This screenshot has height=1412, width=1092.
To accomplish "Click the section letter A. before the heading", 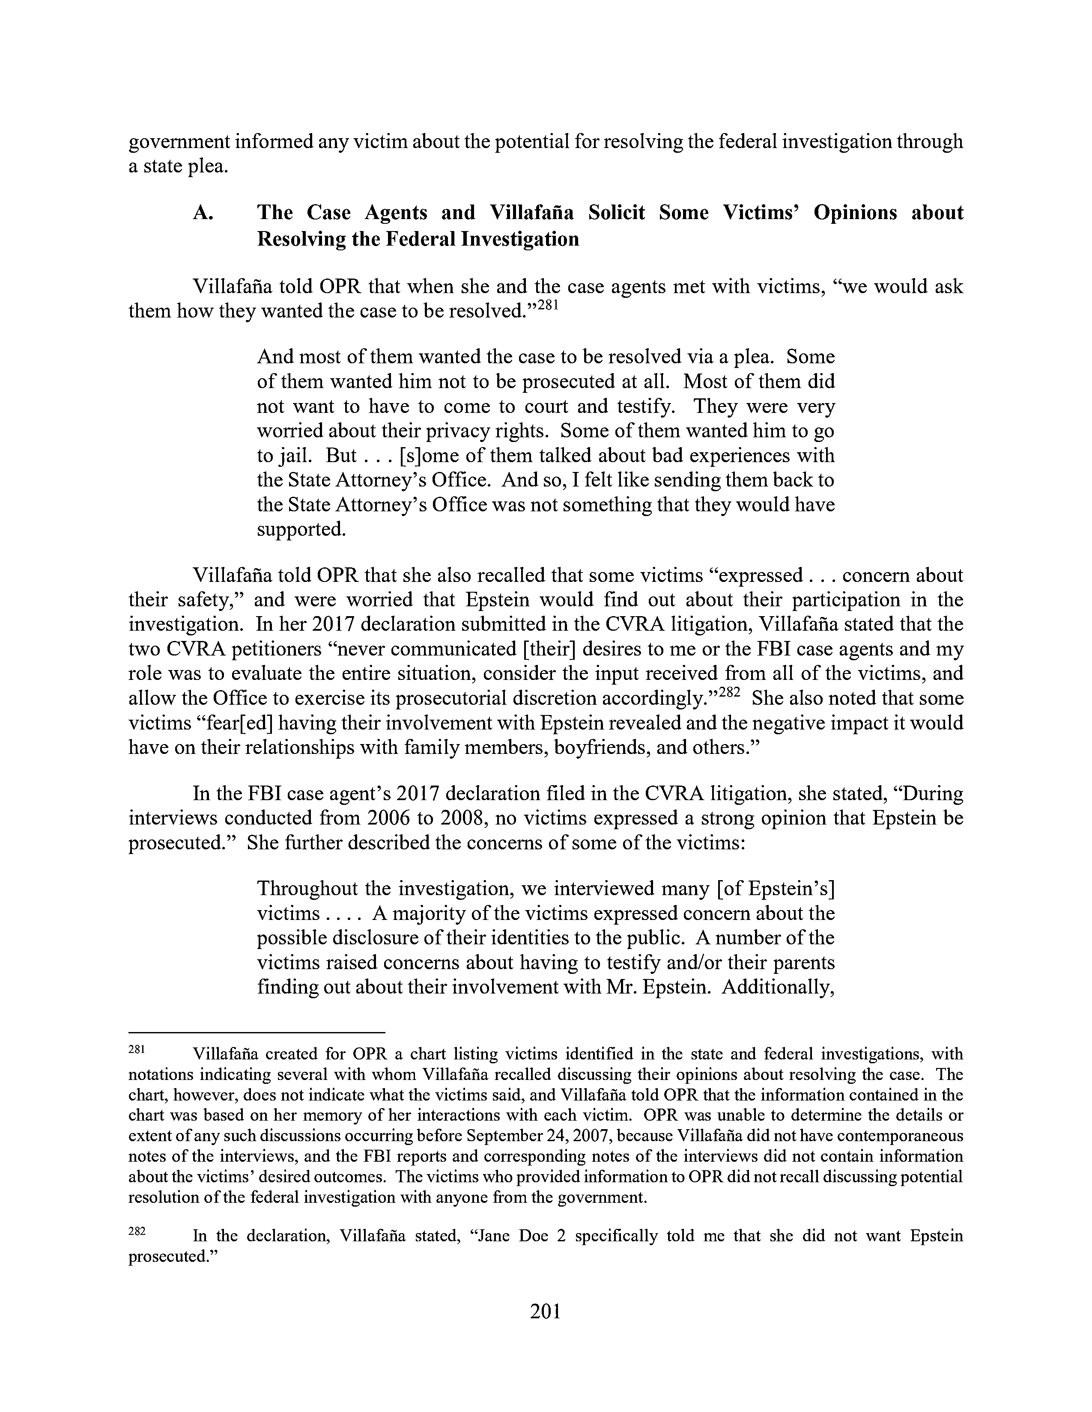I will (203, 213).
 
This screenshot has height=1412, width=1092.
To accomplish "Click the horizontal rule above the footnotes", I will (257, 1033).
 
